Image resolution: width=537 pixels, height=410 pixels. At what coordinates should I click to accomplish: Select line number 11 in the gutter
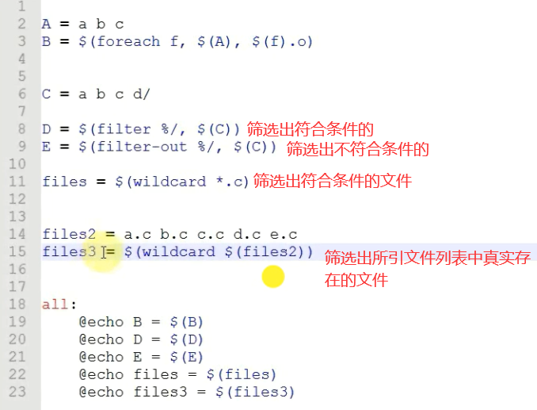tap(18, 182)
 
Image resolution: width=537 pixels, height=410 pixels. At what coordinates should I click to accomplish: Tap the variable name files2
tap(64, 234)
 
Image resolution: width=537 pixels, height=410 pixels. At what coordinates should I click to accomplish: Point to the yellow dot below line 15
tap(272, 276)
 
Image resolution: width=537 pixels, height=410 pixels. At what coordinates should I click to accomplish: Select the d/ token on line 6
tap(141, 94)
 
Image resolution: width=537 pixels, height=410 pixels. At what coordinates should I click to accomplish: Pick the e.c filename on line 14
tap(283, 234)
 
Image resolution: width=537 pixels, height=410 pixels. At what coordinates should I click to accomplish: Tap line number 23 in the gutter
tap(18, 391)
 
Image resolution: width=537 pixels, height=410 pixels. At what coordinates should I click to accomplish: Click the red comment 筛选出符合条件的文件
tap(332, 182)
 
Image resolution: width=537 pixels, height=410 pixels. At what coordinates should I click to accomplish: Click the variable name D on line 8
tap(46, 128)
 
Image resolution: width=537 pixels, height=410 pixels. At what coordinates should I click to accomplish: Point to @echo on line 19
tap(101, 321)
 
